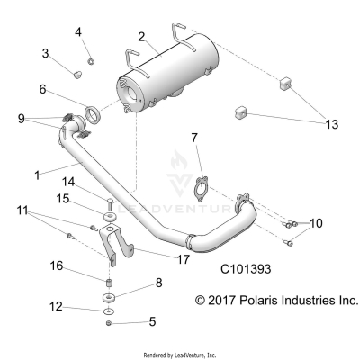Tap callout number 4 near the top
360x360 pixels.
(78, 32)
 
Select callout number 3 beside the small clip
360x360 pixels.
(45, 53)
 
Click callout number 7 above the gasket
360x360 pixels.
(193, 138)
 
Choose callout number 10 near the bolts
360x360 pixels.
(316, 222)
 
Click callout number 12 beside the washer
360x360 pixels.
(57, 307)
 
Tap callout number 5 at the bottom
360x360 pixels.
(152, 320)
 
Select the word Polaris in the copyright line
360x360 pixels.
(252, 299)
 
